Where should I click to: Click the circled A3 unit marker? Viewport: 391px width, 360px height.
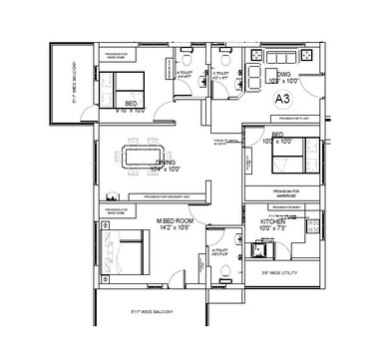[282, 99]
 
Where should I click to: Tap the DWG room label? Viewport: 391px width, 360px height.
[283, 73]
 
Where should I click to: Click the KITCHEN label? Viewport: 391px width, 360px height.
[272, 219]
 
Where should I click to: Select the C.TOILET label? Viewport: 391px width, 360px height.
[220, 73]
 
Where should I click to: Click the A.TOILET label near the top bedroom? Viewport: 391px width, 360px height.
[185, 73]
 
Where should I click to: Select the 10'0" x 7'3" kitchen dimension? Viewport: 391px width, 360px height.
[272, 227]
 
